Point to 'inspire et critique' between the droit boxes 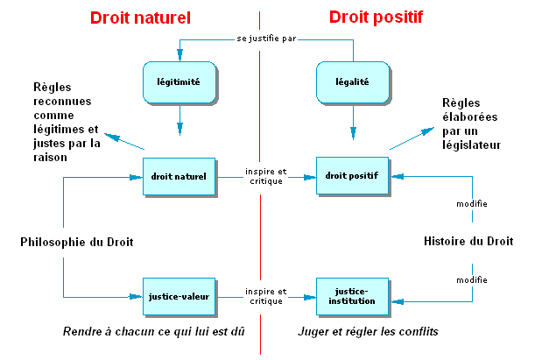click(x=264, y=175)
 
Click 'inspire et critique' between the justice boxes click(x=264, y=296)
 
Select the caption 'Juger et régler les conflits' click(x=369, y=333)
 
